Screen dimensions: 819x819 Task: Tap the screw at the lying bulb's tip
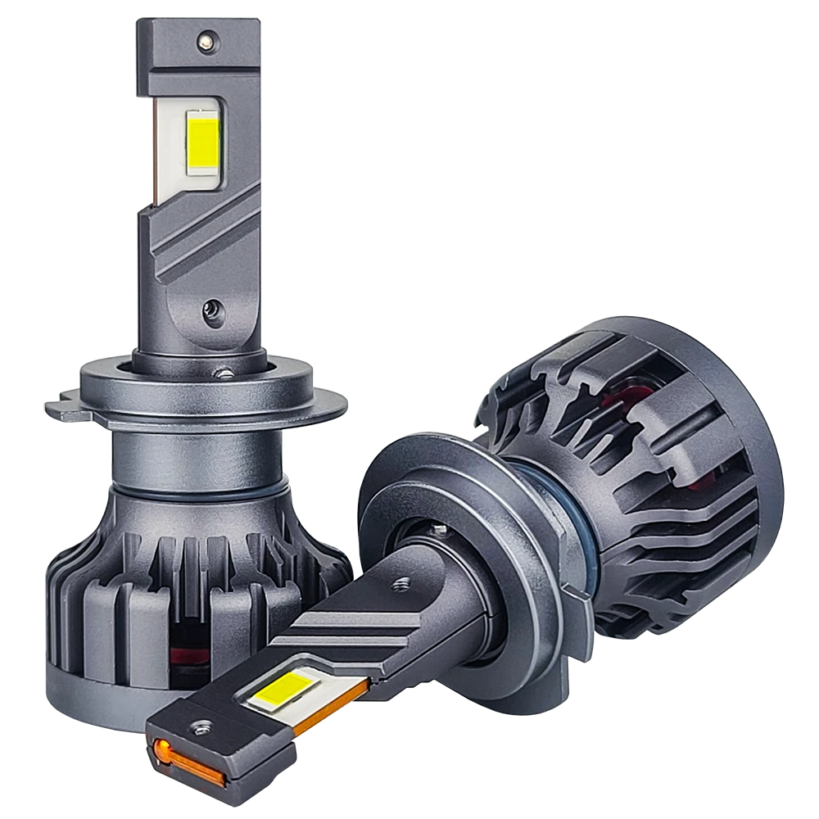pos(199,727)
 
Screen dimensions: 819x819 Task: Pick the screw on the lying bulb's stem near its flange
pos(401,585)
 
